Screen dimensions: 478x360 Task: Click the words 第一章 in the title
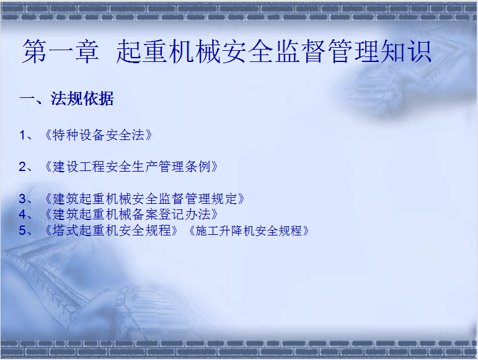point(61,51)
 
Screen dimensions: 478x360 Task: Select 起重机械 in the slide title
point(169,51)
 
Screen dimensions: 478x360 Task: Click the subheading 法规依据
point(82,99)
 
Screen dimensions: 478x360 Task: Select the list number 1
point(22,135)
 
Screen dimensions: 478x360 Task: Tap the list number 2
point(22,167)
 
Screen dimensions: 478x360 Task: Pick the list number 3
point(22,199)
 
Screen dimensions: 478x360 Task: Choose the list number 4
point(22,214)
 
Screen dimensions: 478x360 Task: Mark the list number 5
point(22,230)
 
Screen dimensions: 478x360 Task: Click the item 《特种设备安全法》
point(98,135)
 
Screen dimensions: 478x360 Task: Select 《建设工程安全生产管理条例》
point(131,167)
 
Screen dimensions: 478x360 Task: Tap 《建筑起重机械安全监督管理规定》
point(144,199)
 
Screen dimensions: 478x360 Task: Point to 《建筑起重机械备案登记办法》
point(131,214)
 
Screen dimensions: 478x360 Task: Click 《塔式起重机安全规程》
point(111,230)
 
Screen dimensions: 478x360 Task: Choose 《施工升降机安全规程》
point(249,230)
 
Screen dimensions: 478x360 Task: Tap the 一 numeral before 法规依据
point(27,98)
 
